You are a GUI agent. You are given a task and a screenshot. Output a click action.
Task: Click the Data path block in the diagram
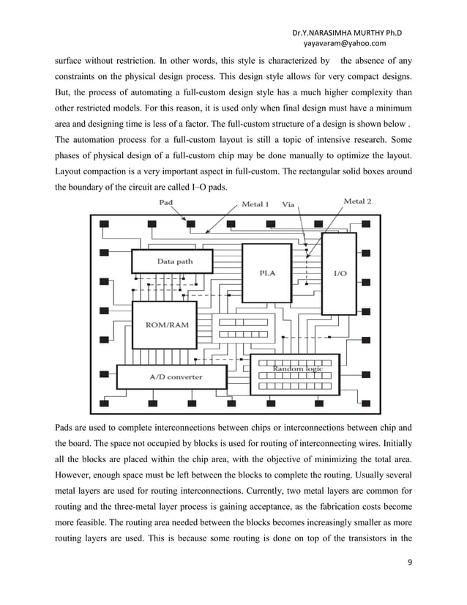coord(171,261)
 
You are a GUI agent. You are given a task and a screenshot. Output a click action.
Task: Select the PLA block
coord(267,272)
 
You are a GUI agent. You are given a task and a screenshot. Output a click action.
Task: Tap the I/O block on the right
coord(340,272)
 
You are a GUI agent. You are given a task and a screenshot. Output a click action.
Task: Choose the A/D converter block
coord(176,377)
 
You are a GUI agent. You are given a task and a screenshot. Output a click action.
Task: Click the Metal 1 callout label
coord(255,204)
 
